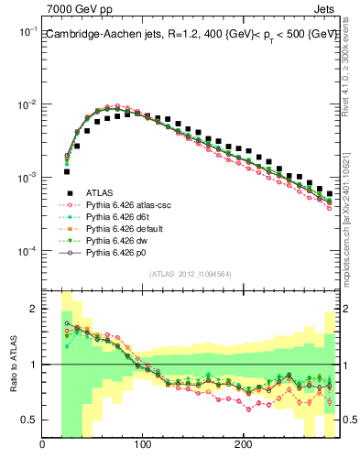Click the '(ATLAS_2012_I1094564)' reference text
coord(190,274)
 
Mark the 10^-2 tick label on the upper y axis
coord(27,104)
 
